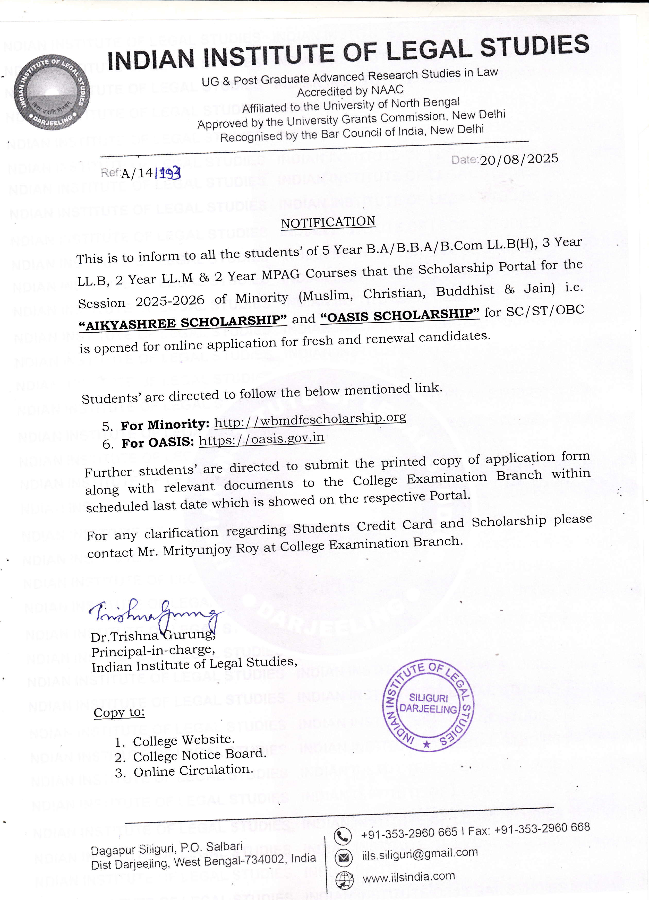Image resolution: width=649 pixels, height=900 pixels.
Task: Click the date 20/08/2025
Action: coord(519,159)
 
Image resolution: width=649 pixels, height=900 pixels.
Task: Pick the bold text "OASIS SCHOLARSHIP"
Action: coord(400,315)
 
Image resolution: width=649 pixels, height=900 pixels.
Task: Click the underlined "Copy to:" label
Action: coord(119,713)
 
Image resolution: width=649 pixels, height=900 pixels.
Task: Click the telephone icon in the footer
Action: coord(343,836)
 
